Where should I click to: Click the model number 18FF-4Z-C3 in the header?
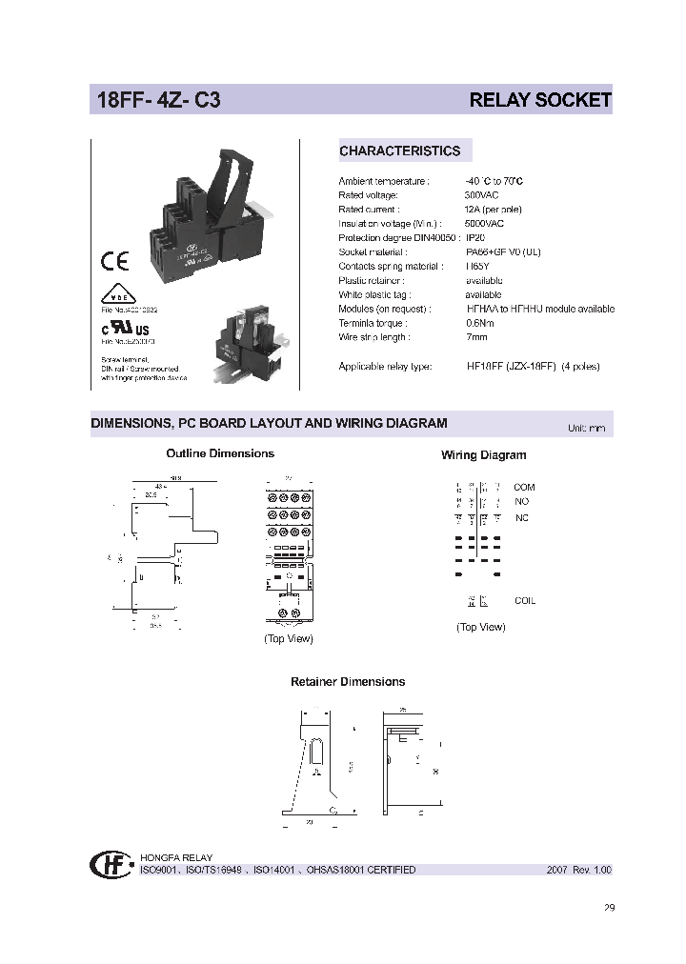pos(157,100)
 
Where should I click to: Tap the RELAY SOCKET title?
pos(540,100)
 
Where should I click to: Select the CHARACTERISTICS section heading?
pos(399,151)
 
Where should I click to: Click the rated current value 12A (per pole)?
pos(493,209)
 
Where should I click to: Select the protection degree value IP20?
pos(475,237)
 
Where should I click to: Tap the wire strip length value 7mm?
pos(475,337)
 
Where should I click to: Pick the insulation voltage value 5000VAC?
pos(484,223)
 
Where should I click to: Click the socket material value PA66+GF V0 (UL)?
pos(503,251)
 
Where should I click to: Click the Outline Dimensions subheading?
pos(220,453)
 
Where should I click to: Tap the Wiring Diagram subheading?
pos(483,455)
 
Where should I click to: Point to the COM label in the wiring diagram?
pos(524,487)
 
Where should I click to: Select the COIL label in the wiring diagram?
pos(525,601)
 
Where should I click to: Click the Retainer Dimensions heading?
pos(347,682)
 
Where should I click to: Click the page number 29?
pos(610,908)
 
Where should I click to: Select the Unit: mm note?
pos(586,428)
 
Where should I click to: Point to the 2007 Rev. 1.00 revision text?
pos(578,870)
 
